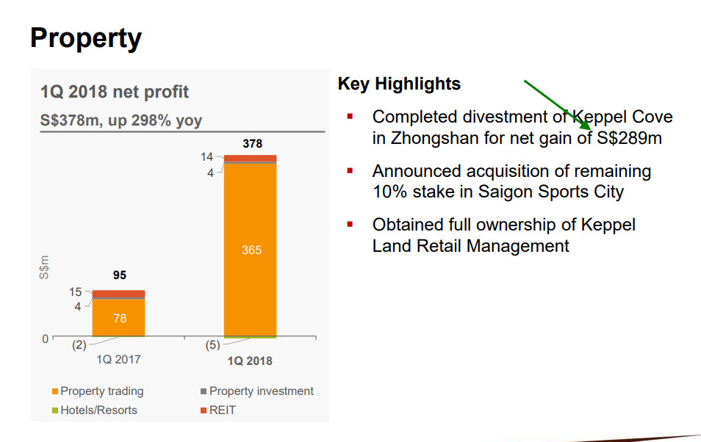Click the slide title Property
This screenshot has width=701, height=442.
click(x=86, y=37)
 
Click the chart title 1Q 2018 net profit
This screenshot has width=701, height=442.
click(x=114, y=92)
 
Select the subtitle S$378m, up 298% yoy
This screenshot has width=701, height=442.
click(x=121, y=120)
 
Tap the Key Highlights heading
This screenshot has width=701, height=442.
click(x=399, y=84)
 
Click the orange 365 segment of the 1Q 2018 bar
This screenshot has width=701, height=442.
click(x=251, y=250)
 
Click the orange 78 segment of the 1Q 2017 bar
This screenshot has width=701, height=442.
click(x=118, y=317)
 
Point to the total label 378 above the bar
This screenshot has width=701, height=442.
click(x=252, y=144)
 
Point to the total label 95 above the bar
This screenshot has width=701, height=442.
click(x=119, y=275)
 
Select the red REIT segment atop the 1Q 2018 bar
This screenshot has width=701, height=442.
click(x=251, y=158)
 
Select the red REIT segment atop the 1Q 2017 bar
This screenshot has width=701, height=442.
click(x=118, y=294)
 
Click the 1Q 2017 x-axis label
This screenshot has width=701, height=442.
click(x=118, y=360)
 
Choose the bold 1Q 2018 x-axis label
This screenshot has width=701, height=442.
click(x=250, y=361)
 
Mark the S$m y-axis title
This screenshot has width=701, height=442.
click(x=44, y=267)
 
